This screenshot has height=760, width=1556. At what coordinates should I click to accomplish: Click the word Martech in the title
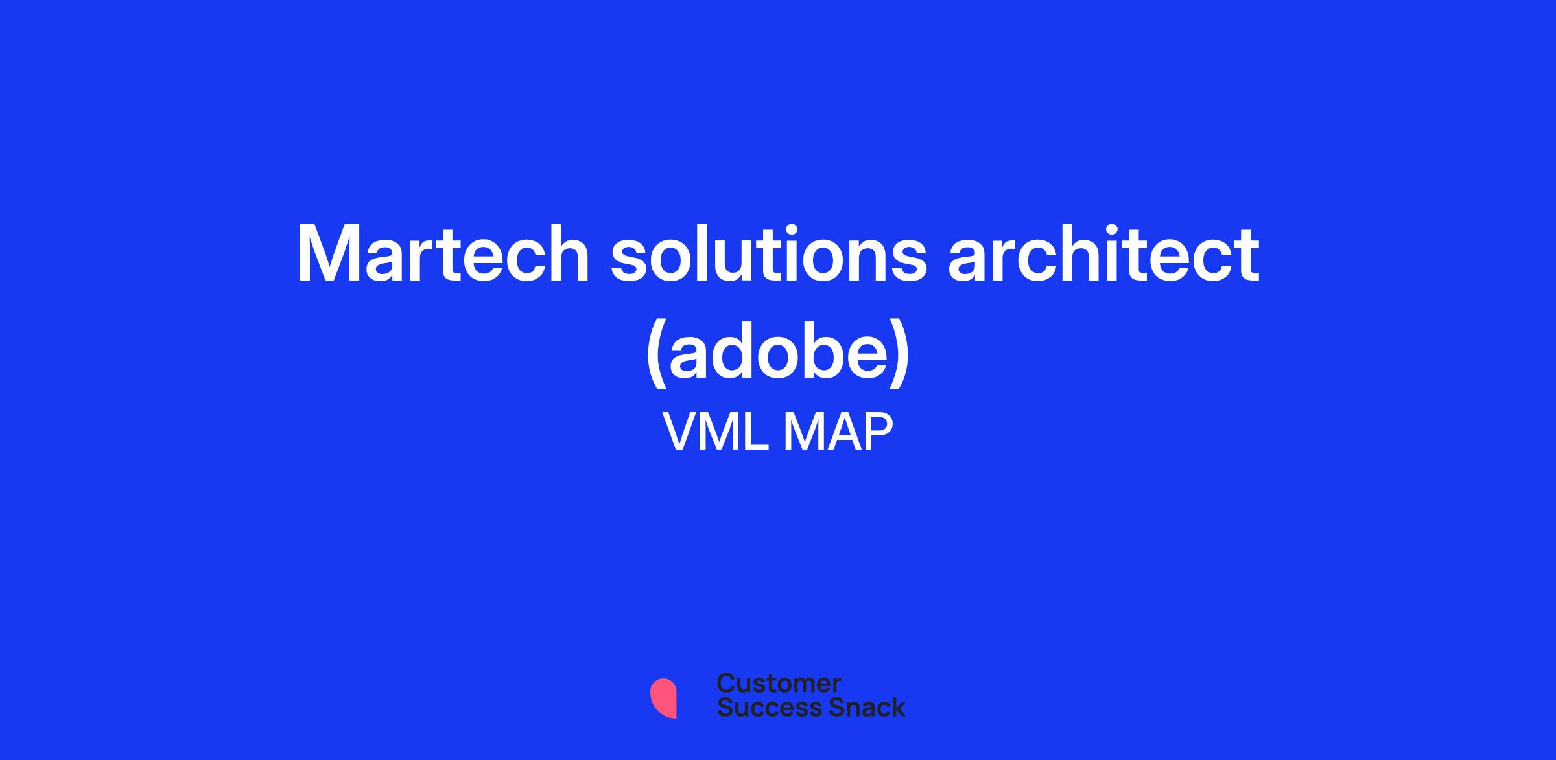(x=443, y=254)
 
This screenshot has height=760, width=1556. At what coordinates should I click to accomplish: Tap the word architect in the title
(x=1103, y=254)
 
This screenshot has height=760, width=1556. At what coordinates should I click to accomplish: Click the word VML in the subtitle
(x=716, y=432)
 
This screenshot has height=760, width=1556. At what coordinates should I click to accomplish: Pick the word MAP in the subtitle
(x=838, y=432)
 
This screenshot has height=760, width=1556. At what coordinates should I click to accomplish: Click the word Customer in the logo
(x=779, y=684)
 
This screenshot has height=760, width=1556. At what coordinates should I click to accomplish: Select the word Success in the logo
(x=760, y=707)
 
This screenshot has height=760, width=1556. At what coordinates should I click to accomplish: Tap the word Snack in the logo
(x=858, y=707)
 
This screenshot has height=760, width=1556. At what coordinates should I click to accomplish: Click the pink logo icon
(x=663, y=697)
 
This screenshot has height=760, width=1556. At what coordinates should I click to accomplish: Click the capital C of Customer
(x=726, y=684)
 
